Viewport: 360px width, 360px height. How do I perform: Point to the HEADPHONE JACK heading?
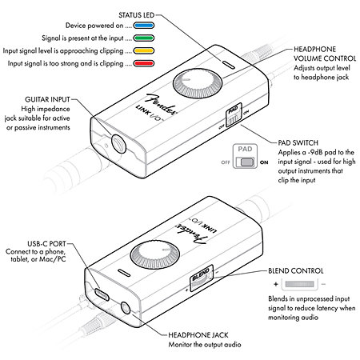(200, 335)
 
